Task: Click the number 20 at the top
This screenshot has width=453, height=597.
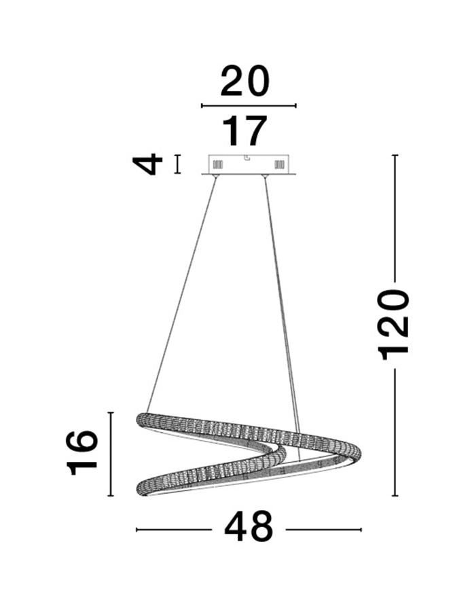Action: point(244,82)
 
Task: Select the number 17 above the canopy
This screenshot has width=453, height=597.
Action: point(245,131)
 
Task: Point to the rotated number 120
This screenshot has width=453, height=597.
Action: point(395,323)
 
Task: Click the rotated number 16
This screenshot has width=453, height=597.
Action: point(81,452)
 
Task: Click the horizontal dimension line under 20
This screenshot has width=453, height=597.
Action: point(249,106)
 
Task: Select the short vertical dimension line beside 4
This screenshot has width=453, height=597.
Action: point(178,164)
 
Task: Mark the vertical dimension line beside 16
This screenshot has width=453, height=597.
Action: point(111,454)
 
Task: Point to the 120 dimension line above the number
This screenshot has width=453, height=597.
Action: point(395,217)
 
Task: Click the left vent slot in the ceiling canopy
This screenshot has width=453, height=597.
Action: point(218,164)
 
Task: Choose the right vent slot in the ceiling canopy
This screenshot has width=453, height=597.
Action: point(278,164)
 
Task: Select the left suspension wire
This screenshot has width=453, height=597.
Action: point(182,292)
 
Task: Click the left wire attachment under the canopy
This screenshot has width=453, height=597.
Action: point(216,177)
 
